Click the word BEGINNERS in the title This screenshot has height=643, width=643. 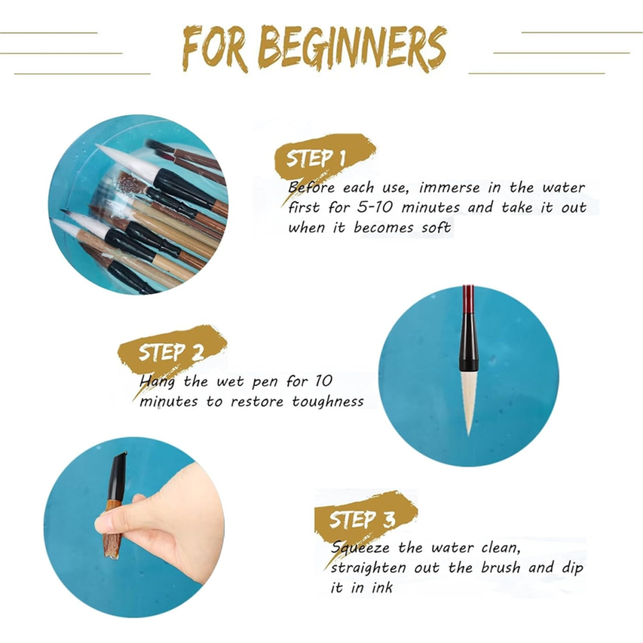point(352,49)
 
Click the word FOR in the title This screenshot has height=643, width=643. point(215,49)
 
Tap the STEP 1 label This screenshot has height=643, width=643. point(316,158)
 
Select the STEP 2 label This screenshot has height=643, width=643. point(171,352)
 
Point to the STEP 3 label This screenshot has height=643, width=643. point(362,520)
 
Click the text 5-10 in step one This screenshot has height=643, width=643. point(374,207)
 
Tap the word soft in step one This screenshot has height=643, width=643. point(436,227)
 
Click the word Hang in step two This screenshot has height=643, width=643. point(157,382)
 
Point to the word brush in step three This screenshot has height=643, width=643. point(500,568)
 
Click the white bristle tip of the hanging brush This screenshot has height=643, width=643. point(468,402)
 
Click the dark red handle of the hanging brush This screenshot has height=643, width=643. point(468,299)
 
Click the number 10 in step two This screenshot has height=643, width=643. point(323,381)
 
